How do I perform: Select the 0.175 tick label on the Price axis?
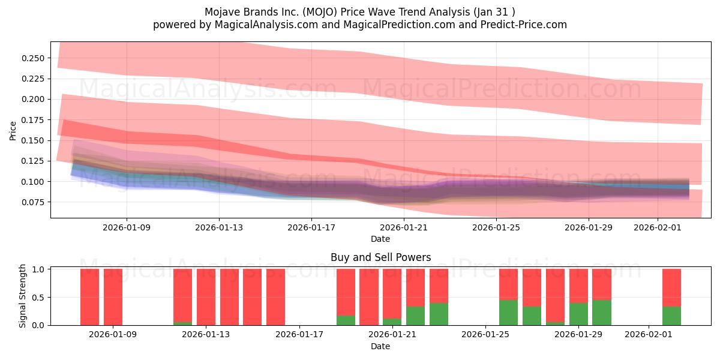click(34, 120)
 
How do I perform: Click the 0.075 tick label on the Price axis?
click(34, 202)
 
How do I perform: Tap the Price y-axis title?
click(13, 130)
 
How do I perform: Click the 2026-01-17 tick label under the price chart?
click(311, 227)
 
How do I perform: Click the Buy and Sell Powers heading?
click(380, 257)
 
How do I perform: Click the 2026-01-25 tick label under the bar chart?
click(485, 335)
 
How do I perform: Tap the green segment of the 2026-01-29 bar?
click(578, 314)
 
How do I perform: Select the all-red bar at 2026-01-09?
click(113, 297)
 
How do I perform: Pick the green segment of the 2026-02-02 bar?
click(671, 316)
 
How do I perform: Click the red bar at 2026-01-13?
click(206, 297)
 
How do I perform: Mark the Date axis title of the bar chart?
click(380, 346)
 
